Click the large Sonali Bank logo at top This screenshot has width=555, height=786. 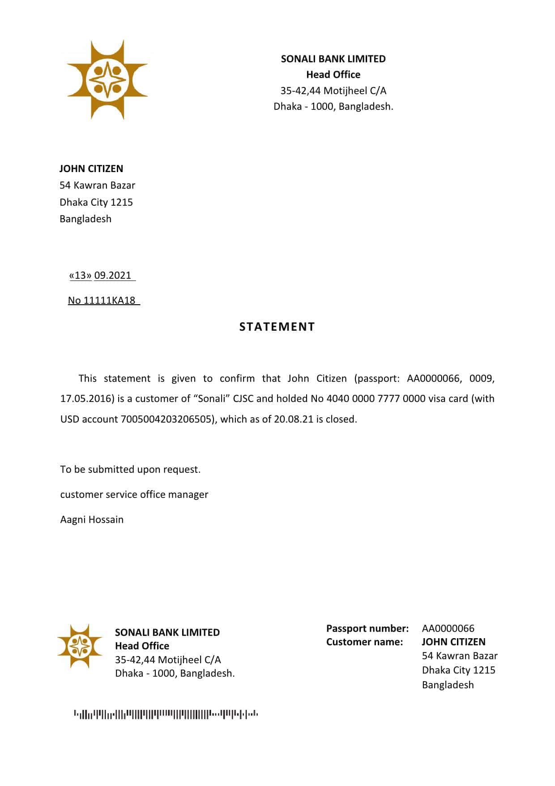(x=107, y=80)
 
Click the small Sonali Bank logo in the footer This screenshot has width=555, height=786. (x=80, y=646)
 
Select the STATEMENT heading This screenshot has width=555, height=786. (x=277, y=327)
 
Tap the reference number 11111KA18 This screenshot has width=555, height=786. (x=109, y=301)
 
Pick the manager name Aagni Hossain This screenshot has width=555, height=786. (x=92, y=520)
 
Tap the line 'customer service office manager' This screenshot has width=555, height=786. (x=134, y=495)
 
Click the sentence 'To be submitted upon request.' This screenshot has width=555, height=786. (x=130, y=470)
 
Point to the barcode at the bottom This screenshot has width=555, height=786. (x=166, y=714)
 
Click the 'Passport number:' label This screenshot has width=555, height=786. (x=367, y=628)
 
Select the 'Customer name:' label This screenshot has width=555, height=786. (x=364, y=642)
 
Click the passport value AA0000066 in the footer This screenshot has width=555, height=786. (x=448, y=628)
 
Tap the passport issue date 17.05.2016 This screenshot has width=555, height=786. (x=85, y=399)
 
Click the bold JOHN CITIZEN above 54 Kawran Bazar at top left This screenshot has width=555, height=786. (x=91, y=169)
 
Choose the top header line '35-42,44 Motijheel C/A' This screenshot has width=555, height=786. (x=333, y=91)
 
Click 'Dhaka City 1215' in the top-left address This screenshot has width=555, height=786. (x=96, y=203)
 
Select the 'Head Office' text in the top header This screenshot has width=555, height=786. (x=333, y=75)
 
